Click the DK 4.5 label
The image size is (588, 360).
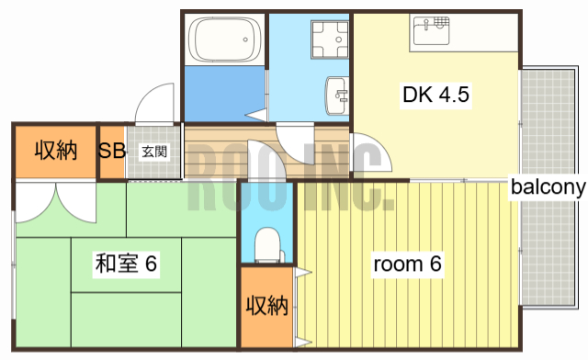435,95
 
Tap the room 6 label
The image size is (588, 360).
407,264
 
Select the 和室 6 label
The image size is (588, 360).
126,264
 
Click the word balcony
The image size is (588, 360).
548,187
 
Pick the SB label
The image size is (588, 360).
112,152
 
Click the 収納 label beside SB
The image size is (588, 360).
55,152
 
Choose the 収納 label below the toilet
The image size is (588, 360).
267,306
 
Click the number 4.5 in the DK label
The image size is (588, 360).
454,95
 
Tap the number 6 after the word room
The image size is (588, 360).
435,264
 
